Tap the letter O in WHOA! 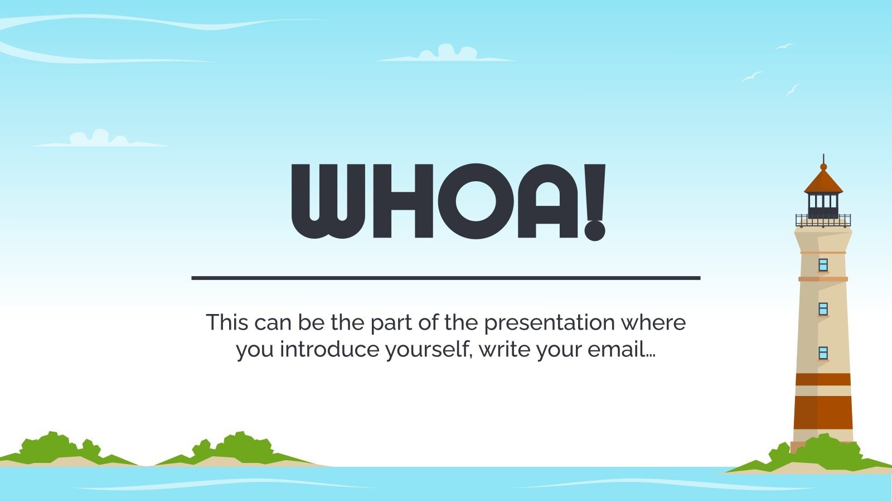(x=482, y=202)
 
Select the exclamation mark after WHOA (x=594, y=202)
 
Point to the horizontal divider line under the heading (x=446, y=277)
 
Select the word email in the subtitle (x=617, y=350)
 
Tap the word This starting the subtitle (x=226, y=322)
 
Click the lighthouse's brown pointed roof (x=823, y=181)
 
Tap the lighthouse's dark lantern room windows (x=823, y=201)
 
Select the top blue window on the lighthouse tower (x=823, y=265)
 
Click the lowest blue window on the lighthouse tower (x=823, y=353)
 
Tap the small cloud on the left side (x=99, y=139)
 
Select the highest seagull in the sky (x=785, y=47)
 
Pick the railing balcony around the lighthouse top (x=823, y=220)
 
